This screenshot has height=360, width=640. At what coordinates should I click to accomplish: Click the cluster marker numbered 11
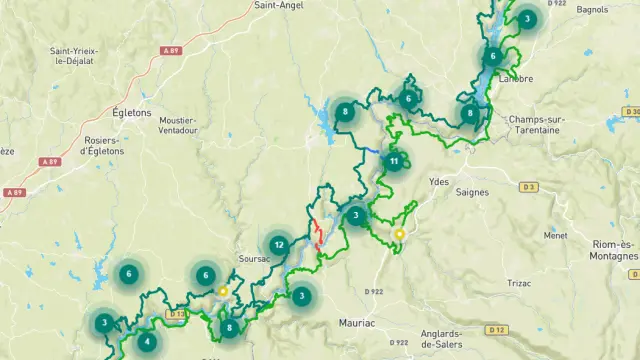point(394,161)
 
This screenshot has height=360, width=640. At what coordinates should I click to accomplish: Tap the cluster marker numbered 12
point(278,244)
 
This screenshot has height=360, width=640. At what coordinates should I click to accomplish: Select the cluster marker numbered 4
point(148,342)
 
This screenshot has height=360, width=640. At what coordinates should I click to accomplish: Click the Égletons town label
point(132,113)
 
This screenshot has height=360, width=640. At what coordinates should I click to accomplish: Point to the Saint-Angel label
point(279,5)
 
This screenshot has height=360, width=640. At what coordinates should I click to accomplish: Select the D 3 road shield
point(529,187)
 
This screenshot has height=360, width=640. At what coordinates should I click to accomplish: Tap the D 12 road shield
point(496,329)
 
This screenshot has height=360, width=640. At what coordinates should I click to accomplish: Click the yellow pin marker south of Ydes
point(399,235)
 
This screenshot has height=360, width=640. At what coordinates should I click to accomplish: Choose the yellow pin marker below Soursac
point(223,292)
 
